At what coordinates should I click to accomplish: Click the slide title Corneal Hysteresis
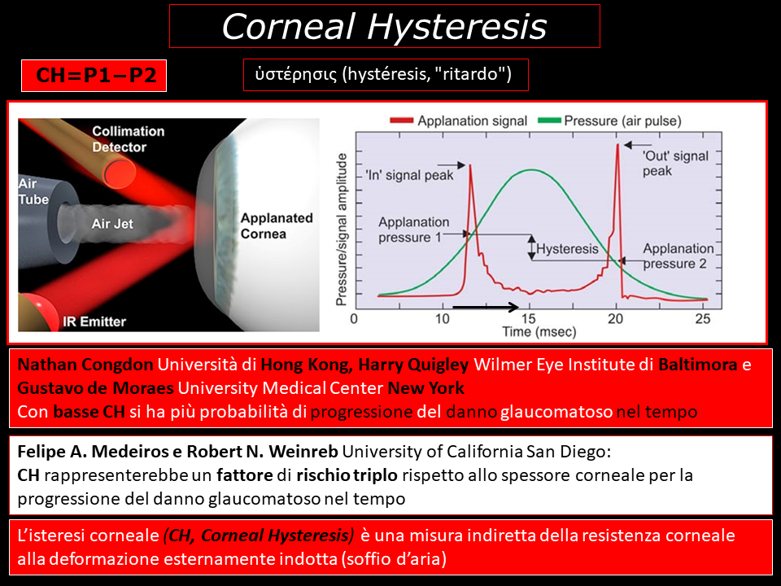click(384, 26)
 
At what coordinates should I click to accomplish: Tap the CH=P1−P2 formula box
click(94, 76)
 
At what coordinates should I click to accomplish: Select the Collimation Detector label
click(128, 139)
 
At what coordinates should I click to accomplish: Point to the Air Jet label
click(112, 224)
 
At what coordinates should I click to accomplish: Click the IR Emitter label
click(94, 321)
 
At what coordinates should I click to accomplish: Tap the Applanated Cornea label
click(277, 225)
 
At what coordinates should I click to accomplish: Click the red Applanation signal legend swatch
click(401, 120)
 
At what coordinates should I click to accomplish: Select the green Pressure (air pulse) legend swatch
click(549, 120)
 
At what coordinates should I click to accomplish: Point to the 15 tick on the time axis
click(529, 318)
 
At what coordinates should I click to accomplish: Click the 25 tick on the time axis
click(702, 318)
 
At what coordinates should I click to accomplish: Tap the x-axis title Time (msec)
click(539, 332)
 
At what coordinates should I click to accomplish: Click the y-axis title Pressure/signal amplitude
click(341, 230)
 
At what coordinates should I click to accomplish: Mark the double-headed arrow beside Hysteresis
click(531, 247)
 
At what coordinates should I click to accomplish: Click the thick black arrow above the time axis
click(486, 307)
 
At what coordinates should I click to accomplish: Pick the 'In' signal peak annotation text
click(409, 176)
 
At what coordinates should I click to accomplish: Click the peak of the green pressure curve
click(531, 170)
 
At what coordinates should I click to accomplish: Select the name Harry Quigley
click(413, 365)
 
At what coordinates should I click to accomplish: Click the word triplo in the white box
click(375, 474)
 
